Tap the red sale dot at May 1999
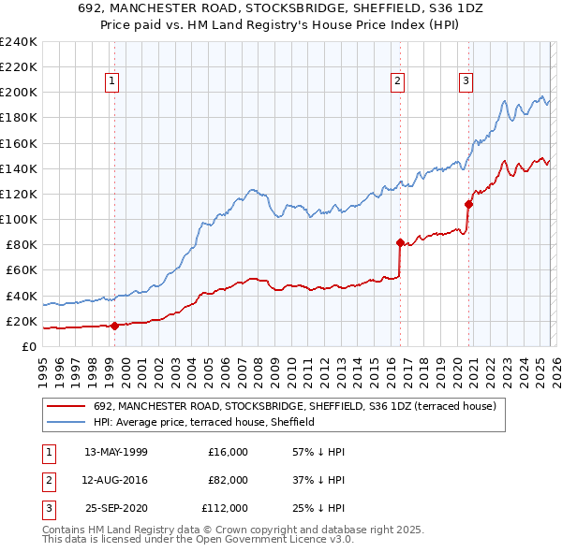[x=114, y=327]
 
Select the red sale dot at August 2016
[x=400, y=243]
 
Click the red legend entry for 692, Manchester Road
[x=300, y=407]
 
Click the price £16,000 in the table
[x=228, y=452]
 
